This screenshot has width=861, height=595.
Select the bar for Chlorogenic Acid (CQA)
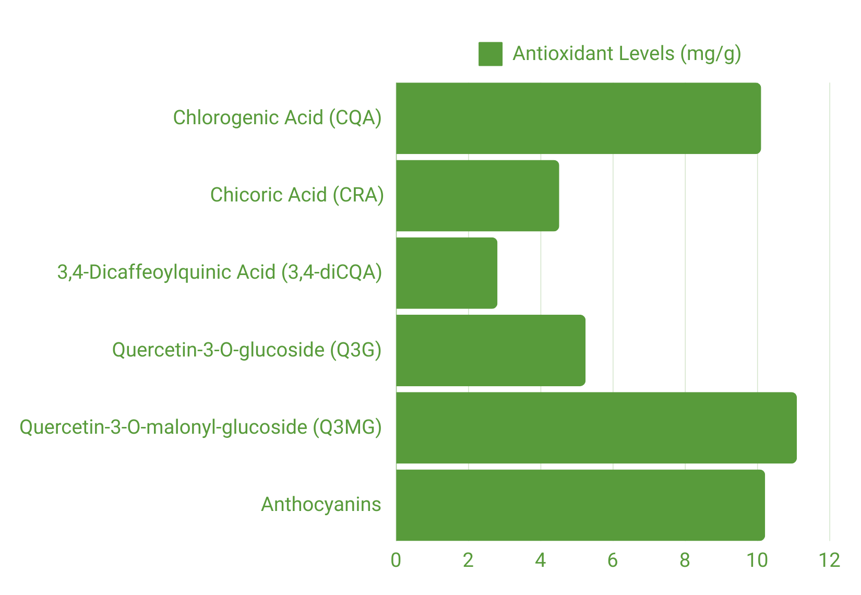[578, 118]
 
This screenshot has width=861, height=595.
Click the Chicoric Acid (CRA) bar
[477, 196]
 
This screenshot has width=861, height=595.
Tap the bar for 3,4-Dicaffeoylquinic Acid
[447, 273]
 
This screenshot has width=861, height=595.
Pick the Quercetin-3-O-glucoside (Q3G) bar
[491, 350]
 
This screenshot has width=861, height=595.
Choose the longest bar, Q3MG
[596, 428]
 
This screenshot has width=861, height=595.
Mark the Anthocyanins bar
[580, 505]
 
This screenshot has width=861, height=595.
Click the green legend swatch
[491, 54]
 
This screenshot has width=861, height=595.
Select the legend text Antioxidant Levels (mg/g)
[626, 54]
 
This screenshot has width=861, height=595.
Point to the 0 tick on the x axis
[396, 561]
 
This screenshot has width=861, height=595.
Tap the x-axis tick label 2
[468, 561]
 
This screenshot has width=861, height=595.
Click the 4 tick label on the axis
[540, 561]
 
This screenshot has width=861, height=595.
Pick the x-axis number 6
[613, 561]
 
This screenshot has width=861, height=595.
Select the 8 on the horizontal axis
[685, 561]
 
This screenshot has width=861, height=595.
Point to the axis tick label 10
[757, 561]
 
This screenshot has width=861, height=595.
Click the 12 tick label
[829, 561]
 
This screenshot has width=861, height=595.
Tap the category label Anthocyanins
[321, 505]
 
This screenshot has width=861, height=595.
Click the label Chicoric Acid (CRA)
[296, 195]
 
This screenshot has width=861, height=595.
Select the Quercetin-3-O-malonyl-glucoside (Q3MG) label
[200, 427]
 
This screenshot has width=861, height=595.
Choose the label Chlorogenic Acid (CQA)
[277, 118]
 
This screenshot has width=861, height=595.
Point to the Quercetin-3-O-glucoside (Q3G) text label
[246, 350]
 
